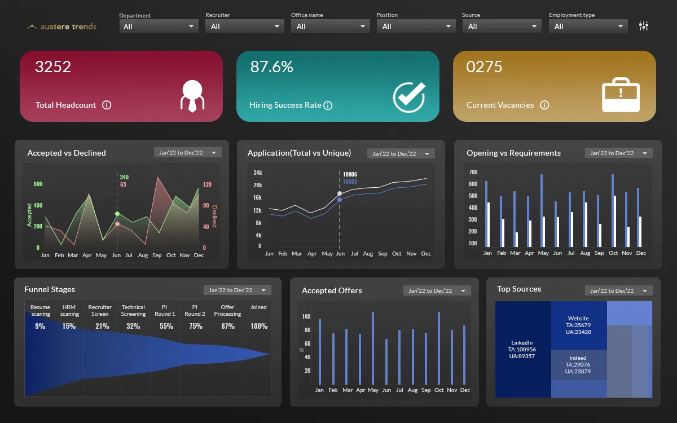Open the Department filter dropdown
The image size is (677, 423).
(159, 26)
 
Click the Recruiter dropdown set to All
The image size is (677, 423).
(244, 26)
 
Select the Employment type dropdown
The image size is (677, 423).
(588, 26)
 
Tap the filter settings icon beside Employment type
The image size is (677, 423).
(644, 26)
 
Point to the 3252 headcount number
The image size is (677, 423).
(53, 67)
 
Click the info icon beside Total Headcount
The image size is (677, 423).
(107, 105)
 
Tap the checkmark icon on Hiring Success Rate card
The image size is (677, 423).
(409, 96)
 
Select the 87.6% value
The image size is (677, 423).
(272, 67)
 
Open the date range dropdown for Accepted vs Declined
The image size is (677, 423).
(187, 153)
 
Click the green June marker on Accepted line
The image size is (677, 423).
(117, 214)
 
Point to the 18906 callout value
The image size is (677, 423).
(350, 174)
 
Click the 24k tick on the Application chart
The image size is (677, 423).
(257, 173)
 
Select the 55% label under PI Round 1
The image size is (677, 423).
(166, 326)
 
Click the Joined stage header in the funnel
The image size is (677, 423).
(258, 307)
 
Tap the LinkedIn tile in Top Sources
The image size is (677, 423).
(522, 349)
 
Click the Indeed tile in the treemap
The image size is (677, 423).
(578, 364)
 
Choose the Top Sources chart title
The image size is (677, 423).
(518, 289)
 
